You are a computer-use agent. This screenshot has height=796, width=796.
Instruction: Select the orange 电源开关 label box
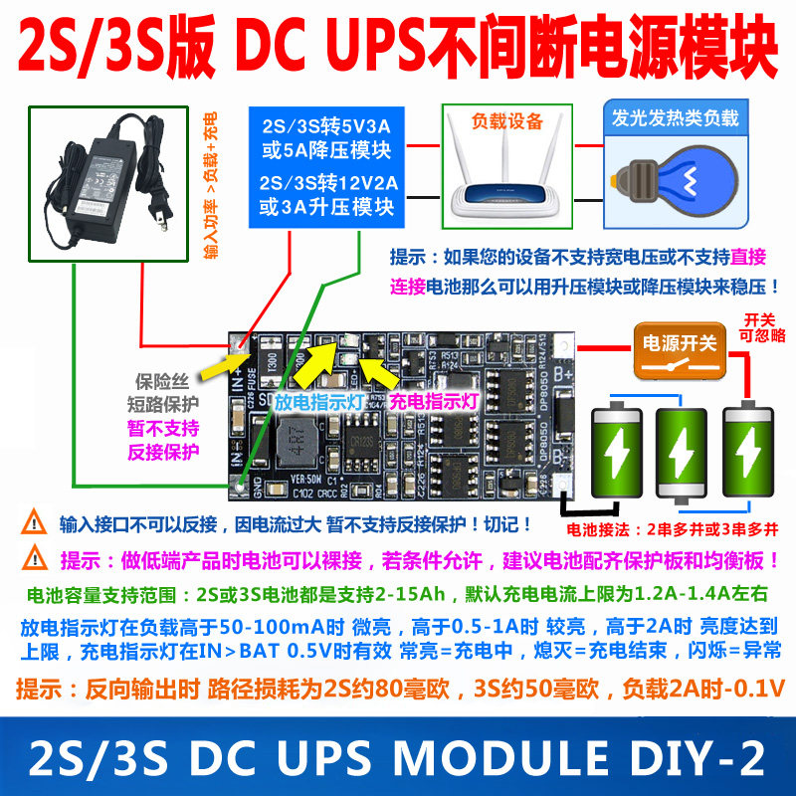pyautogui.click(x=678, y=344)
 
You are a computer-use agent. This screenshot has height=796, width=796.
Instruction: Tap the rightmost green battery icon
pyautogui.click(x=749, y=447)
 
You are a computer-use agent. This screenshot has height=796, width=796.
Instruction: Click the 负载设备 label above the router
pyautogui.click(x=507, y=122)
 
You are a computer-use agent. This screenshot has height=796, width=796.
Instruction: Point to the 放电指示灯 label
pyautogui.click(x=317, y=403)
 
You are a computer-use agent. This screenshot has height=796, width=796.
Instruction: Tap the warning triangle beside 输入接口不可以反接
pyautogui.click(x=36, y=521)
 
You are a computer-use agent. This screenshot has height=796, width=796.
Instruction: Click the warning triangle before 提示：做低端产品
pyautogui.click(x=36, y=558)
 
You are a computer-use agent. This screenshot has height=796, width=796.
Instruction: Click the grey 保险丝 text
pyautogui.click(x=168, y=381)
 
